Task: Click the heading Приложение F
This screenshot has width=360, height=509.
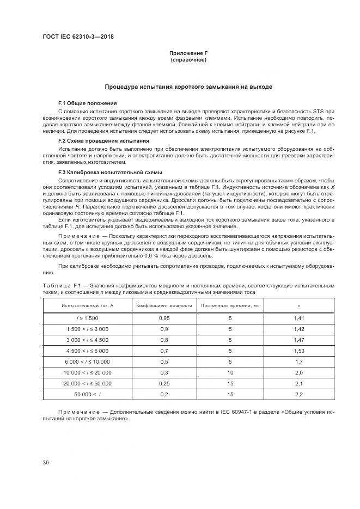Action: click(x=188, y=53)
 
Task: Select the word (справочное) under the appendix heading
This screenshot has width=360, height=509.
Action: click(x=188, y=59)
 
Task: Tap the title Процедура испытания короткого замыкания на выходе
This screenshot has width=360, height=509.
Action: click(x=188, y=87)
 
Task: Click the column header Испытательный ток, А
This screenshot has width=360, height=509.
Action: click(x=87, y=306)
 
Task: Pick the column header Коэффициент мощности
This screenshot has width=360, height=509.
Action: click(x=164, y=306)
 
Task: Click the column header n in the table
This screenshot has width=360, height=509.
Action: click(x=298, y=306)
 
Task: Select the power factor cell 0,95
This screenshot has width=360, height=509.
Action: click(x=164, y=317)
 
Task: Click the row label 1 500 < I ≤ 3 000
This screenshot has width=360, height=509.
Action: click(x=87, y=329)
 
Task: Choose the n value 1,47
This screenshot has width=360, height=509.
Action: click(x=298, y=340)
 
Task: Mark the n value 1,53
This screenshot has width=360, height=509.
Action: click(x=298, y=351)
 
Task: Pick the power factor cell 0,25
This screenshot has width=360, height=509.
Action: click(x=164, y=383)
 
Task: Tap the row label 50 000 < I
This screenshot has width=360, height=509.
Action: click(x=87, y=394)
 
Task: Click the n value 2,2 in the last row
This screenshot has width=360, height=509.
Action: click(x=298, y=394)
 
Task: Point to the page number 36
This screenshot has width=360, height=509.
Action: click(x=46, y=463)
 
